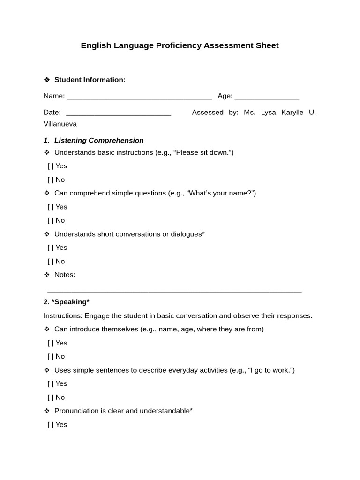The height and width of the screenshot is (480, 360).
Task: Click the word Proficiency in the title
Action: tap(178, 45)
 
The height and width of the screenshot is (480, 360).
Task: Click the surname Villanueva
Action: tap(60, 124)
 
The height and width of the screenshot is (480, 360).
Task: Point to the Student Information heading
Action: tap(90, 80)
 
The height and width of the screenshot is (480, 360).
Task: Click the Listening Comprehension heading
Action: tap(99, 140)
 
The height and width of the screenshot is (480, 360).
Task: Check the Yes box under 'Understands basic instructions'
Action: tap(51, 166)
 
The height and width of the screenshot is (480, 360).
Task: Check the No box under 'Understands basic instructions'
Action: tap(51, 180)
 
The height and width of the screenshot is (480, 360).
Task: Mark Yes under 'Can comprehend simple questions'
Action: tap(51, 207)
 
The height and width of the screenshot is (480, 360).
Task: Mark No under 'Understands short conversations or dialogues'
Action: tap(51, 261)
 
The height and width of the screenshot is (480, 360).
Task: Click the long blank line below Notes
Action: tap(174, 291)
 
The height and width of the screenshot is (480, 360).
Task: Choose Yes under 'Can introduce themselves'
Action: tap(51, 343)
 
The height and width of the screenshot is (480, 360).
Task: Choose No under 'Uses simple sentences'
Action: tap(51, 397)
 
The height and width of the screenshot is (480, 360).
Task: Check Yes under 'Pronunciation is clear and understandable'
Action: tap(51, 425)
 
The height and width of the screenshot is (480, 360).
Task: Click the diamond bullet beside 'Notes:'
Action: tap(46, 275)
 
